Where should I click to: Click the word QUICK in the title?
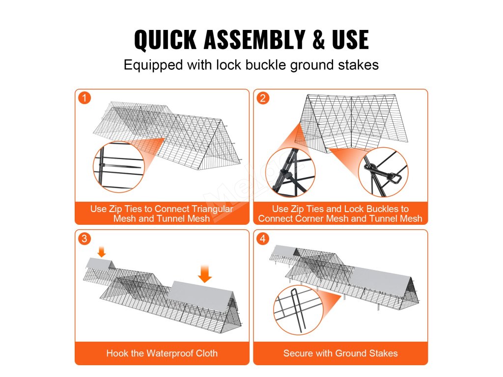click(165, 39)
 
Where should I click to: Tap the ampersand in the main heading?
click(318, 39)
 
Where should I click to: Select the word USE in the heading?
click(350, 39)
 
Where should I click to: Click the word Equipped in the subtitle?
click(153, 65)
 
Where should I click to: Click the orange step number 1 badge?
click(84, 98)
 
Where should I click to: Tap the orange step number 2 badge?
click(263, 98)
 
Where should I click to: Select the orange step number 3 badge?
click(84, 239)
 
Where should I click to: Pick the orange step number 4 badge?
click(263, 239)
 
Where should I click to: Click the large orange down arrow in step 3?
click(204, 273)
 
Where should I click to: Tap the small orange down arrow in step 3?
click(102, 252)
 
